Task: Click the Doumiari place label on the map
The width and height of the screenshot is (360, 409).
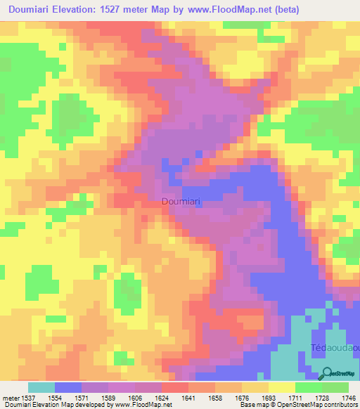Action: pyautogui.click(x=182, y=202)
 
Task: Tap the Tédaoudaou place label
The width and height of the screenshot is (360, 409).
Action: pyautogui.click(x=335, y=349)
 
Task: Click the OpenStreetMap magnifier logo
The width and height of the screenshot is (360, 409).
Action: pyautogui.click(x=326, y=374)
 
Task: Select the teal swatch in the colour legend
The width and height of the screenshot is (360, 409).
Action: pyautogui.click(x=41, y=387)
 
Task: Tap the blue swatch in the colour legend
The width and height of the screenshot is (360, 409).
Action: pyautogui.click(x=67, y=387)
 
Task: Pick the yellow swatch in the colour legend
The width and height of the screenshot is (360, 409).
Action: pyautogui.click(x=281, y=387)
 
